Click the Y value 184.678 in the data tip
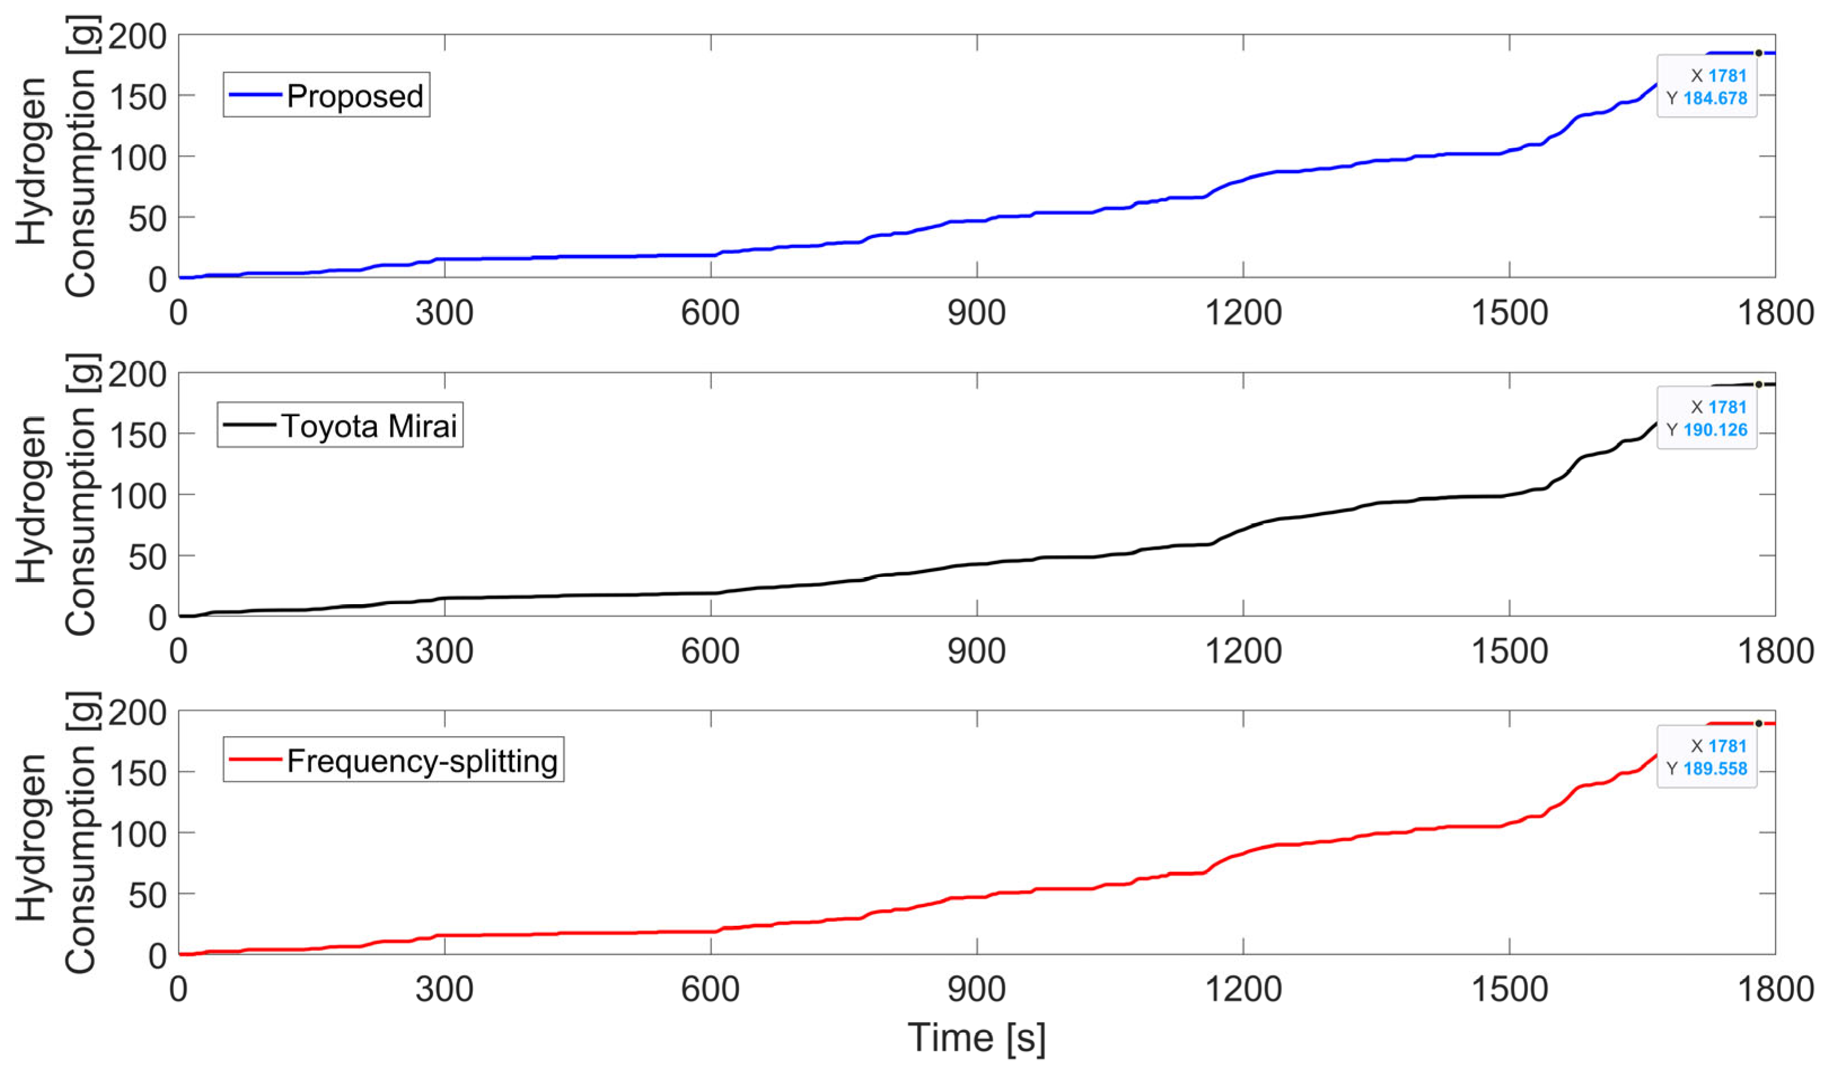click(x=1715, y=98)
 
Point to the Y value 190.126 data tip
click(x=1715, y=430)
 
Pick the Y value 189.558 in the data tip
click(x=1715, y=769)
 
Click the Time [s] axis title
click(x=976, y=1037)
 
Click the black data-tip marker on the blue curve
click(x=1759, y=53)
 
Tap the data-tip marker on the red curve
click(x=1759, y=724)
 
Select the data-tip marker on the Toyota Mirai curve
click(x=1759, y=385)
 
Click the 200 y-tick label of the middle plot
click(x=138, y=375)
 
